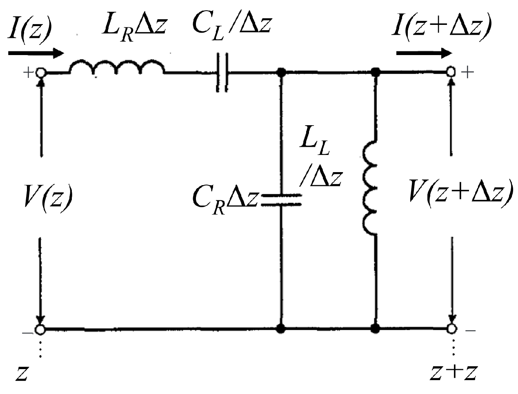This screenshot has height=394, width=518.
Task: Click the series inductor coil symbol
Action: click(x=118, y=68)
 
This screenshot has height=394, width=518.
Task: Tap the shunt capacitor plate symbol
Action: click(x=281, y=199)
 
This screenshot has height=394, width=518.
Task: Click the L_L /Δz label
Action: click(x=320, y=163)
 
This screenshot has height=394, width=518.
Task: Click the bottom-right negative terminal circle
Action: click(x=451, y=328)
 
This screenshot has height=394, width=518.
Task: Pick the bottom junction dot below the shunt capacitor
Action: click(x=281, y=328)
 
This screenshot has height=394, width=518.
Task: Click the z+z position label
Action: click(x=454, y=372)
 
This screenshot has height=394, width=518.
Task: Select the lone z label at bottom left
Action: click(x=22, y=373)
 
